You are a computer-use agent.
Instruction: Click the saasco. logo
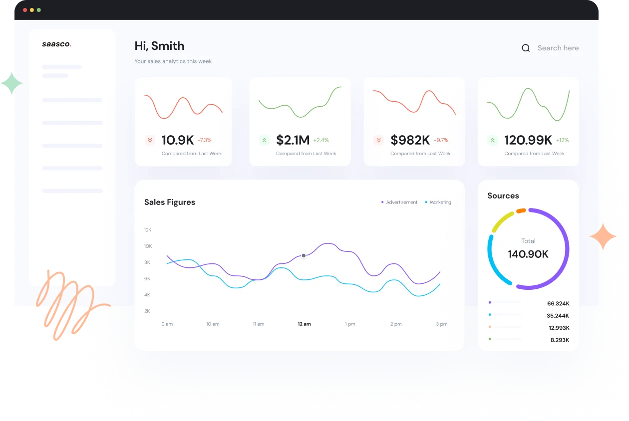tap(57, 44)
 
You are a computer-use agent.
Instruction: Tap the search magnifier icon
tap(526, 48)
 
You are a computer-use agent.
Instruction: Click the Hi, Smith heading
tap(159, 46)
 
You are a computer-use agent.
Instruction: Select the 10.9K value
tap(178, 140)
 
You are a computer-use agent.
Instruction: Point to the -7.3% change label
tap(205, 140)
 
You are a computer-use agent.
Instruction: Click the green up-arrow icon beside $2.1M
tap(264, 140)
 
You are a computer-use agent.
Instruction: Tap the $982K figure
tap(410, 140)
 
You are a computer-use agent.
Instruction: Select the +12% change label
tap(563, 140)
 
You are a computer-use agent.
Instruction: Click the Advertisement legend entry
tap(399, 202)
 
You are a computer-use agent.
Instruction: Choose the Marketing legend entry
tap(438, 202)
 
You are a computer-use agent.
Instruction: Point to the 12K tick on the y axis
tap(148, 230)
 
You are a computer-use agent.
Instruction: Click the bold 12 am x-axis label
tap(305, 324)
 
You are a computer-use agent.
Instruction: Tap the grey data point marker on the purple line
tap(304, 255)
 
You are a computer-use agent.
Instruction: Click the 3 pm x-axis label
tap(442, 324)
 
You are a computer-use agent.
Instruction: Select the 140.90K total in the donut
tap(528, 254)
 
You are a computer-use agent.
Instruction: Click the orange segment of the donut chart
tap(521, 210)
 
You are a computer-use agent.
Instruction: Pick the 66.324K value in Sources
tap(558, 303)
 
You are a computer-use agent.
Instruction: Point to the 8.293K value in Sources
tap(560, 340)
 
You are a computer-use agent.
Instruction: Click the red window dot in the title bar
tap(25, 10)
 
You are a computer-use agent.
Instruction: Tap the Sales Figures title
tap(170, 202)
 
